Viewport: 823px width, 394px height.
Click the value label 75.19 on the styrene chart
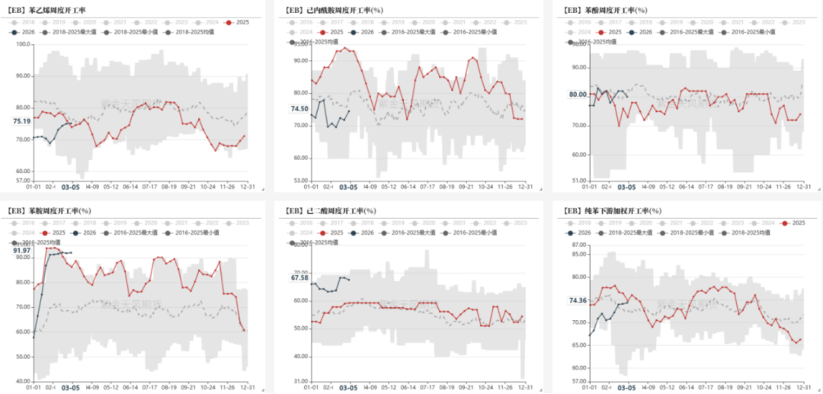tap(21, 121)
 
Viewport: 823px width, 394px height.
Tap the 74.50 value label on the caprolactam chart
tap(299, 109)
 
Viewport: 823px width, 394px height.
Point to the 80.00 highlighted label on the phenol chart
tap(576, 94)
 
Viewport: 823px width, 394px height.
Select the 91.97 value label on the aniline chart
tap(23, 250)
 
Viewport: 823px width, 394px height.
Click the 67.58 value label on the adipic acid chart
tap(299, 277)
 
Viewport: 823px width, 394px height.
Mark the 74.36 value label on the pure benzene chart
tap(577, 300)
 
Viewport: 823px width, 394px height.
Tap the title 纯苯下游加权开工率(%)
tap(613, 210)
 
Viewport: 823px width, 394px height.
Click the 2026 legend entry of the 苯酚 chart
tap(642, 32)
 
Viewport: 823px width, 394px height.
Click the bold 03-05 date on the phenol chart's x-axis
tap(626, 187)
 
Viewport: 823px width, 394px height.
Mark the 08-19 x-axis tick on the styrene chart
tap(169, 187)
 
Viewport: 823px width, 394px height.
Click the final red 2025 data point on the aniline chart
tap(244, 330)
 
